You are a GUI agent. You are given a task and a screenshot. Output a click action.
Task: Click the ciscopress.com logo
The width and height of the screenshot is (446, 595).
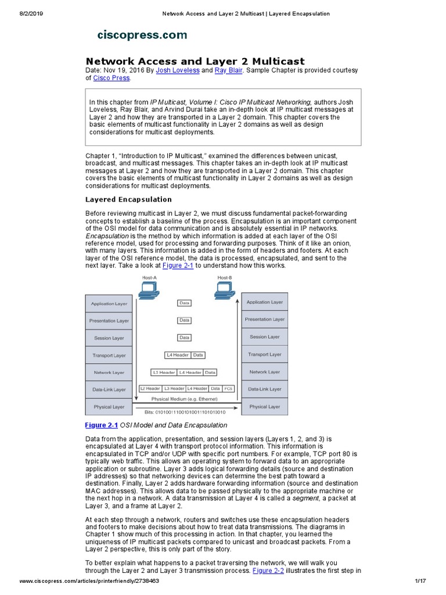tap(142, 35)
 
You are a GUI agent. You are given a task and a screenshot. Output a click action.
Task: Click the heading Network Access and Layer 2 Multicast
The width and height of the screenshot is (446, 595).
tap(195, 61)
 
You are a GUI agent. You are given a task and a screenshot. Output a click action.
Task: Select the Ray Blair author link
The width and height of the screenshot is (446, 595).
tap(228, 70)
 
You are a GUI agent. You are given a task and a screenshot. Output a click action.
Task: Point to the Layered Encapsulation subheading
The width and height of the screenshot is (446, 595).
tap(128, 199)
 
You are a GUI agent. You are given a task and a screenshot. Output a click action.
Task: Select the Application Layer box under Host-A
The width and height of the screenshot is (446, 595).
tap(109, 303)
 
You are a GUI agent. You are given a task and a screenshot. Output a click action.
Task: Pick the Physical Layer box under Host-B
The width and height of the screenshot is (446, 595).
tap(264, 407)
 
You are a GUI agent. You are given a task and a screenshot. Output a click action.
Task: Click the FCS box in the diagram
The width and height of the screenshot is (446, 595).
tap(228, 388)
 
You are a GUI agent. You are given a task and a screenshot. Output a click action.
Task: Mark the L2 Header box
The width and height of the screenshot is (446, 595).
tap(150, 388)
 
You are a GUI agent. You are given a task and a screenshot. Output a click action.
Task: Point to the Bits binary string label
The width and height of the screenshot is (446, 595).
tap(185, 411)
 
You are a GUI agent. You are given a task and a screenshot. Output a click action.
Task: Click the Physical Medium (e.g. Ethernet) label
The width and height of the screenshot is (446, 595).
tap(184, 399)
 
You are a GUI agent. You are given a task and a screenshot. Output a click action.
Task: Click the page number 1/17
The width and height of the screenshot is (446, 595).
tap(421, 581)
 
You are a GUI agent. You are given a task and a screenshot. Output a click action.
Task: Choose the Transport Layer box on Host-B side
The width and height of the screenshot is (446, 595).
tap(264, 354)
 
